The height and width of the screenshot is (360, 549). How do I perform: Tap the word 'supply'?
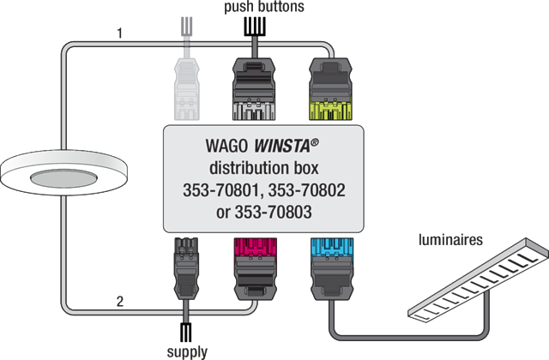(x=188, y=351)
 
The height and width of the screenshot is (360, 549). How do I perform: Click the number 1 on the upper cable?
(x=121, y=35)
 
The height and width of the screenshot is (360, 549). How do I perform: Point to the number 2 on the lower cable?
(x=121, y=301)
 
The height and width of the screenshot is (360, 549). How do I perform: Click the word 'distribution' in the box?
(x=242, y=166)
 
